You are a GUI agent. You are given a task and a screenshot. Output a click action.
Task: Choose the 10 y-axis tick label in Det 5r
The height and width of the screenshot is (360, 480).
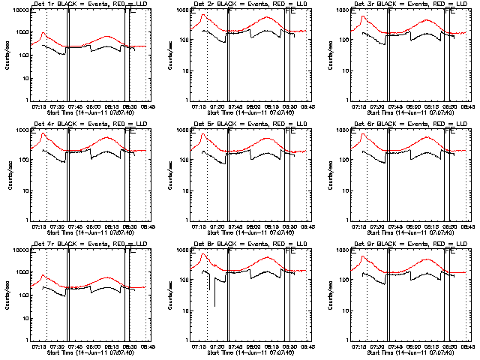point(183,190)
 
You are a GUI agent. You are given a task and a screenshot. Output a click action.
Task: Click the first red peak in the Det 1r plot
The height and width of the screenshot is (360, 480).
point(43,33)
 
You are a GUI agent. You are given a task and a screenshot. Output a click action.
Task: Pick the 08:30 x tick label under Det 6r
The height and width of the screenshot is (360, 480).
point(449,226)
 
